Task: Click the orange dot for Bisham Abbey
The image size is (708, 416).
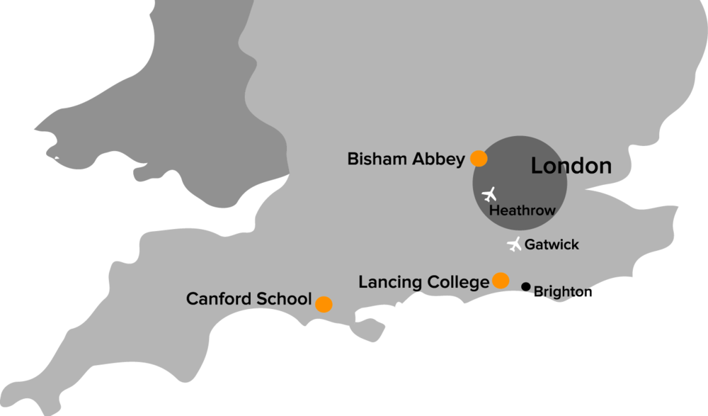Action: (479, 158)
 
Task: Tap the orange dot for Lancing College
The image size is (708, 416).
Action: (501, 281)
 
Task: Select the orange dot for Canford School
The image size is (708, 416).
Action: (324, 304)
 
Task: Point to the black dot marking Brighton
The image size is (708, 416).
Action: (526, 286)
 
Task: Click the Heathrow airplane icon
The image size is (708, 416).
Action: (489, 193)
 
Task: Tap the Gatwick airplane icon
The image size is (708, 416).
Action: (515, 244)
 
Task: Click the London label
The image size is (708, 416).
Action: (571, 167)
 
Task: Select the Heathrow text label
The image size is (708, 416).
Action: (523, 210)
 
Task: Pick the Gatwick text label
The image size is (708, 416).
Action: (552, 245)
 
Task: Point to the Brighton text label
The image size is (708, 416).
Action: (559, 291)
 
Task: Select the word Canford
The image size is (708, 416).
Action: (217, 299)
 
